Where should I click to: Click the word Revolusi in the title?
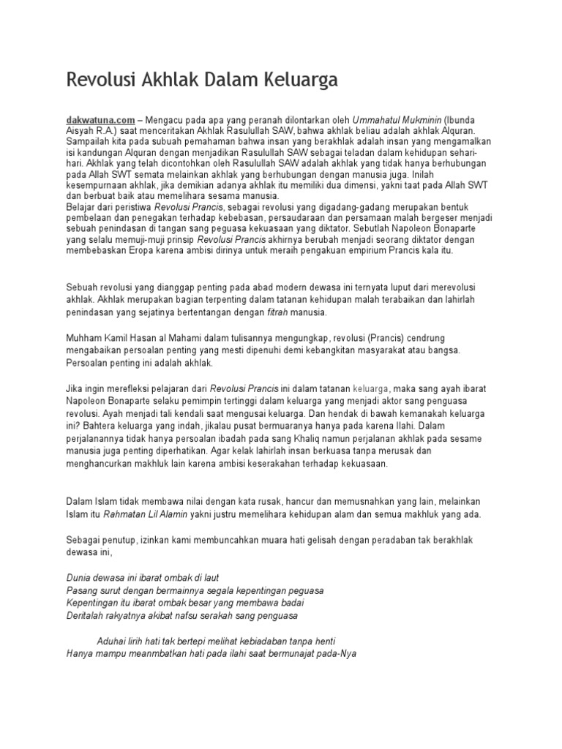(x=100, y=80)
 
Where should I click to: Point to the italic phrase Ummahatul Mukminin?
(x=399, y=118)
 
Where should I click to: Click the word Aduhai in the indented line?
(x=112, y=640)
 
